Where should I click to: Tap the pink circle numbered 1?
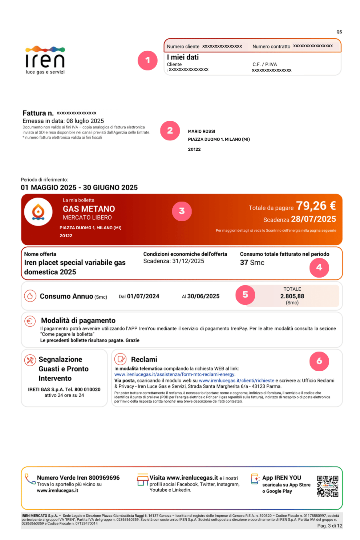coord(148,60)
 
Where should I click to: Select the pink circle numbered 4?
coord(319,268)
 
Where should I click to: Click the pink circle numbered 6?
coord(319,361)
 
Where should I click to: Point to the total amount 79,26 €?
coord(316,206)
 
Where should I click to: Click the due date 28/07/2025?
coord(313,219)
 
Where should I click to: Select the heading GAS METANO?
coord(89,209)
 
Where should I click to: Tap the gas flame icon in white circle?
coord(38,212)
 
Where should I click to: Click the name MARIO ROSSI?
coord(202,131)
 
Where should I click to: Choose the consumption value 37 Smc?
coord(252,263)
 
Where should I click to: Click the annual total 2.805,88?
coord(292,296)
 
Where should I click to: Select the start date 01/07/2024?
coord(143,296)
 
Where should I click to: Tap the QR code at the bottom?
coord(327,486)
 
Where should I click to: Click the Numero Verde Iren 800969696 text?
coord(78,478)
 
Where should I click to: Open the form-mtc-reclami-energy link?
coord(174,374)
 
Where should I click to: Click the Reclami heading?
coord(144,359)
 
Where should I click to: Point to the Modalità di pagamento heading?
coord(78,320)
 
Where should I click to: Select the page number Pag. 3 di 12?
coord(330,526)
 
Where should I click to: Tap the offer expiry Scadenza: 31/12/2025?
coord(174,261)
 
